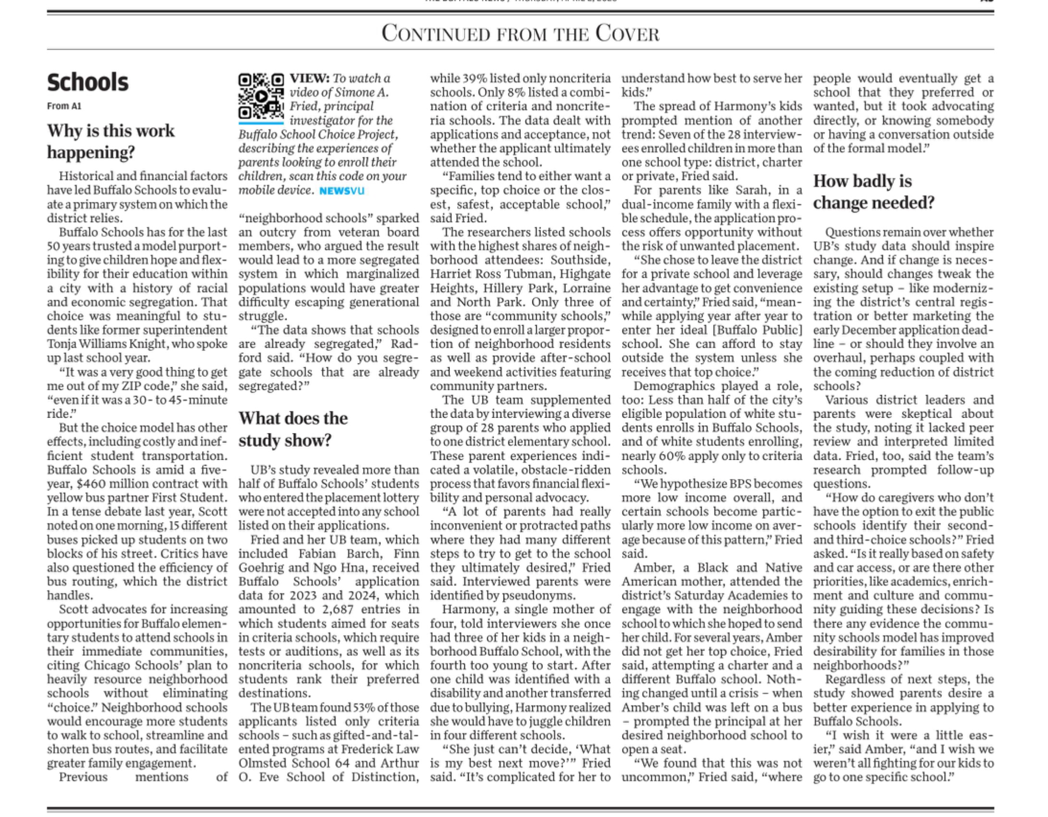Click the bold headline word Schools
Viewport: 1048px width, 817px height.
(x=88, y=82)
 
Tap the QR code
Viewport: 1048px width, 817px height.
(x=261, y=96)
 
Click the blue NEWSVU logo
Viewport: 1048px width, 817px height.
(x=341, y=191)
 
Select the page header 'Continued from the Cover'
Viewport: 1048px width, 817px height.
(x=520, y=34)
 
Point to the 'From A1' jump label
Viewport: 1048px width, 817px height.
(x=64, y=106)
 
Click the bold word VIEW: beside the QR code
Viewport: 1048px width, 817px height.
(x=309, y=78)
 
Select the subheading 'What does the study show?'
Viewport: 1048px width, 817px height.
(x=293, y=429)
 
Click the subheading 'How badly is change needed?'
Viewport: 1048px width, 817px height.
(x=873, y=192)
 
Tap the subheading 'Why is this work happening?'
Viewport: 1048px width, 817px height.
(x=111, y=141)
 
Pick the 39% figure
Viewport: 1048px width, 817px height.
(x=473, y=78)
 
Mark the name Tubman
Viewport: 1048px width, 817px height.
(x=517, y=274)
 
